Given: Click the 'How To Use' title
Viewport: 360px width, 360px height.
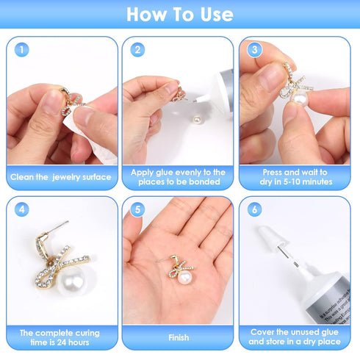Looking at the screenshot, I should pyautogui.click(x=180, y=15).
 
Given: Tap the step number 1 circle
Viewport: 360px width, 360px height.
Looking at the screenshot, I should pyautogui.click(x=23, y=50).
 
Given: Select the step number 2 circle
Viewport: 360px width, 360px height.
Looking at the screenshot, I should pyautogui.click(x=137, y=50).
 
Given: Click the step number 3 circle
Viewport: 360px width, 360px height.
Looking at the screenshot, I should pyautogui.click(x=253, y=50).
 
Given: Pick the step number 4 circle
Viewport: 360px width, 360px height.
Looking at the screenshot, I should pyautogui.click(x=23, y=209).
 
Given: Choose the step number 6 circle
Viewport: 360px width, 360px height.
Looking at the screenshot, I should pyautogui.click(x=253, y=209).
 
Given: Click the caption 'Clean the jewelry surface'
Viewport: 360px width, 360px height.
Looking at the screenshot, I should pyautogui.click(x=61, y=177).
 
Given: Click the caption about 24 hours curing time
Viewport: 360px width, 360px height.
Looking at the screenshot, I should pyautogui.click(x=61, y=337).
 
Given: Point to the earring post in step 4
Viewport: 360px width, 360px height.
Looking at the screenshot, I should pyautogui.click(x=62, y=227).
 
